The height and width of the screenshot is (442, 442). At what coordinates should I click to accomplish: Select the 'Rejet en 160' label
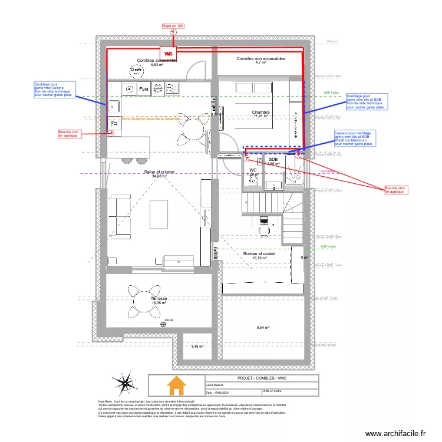coord(173,26)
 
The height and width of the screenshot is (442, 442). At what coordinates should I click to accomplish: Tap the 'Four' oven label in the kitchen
coord(143,90)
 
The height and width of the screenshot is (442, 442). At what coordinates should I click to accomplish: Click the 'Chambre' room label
coord(260,112)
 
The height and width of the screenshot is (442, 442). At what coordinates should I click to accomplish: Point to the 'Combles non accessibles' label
coord(260,59)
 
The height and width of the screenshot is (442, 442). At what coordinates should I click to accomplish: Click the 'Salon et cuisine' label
coord(159,172)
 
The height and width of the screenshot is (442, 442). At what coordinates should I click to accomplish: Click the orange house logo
coord(176,386)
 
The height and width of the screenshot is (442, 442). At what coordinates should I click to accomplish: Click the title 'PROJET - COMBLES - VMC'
coord(261,378)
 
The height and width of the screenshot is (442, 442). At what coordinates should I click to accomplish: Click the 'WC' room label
coord(253,170)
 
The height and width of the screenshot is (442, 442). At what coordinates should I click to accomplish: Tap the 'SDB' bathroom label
coord(273,160)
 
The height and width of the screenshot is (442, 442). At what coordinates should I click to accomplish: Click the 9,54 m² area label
coord(263,328)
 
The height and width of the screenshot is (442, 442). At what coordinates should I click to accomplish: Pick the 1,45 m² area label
coord(197,347)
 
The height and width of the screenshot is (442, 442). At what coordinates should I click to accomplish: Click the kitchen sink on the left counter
coord(114,107)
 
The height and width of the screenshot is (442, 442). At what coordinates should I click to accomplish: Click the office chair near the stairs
coord(264,220)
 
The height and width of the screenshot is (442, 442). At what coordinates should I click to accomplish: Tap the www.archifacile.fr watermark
coord(395,433)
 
